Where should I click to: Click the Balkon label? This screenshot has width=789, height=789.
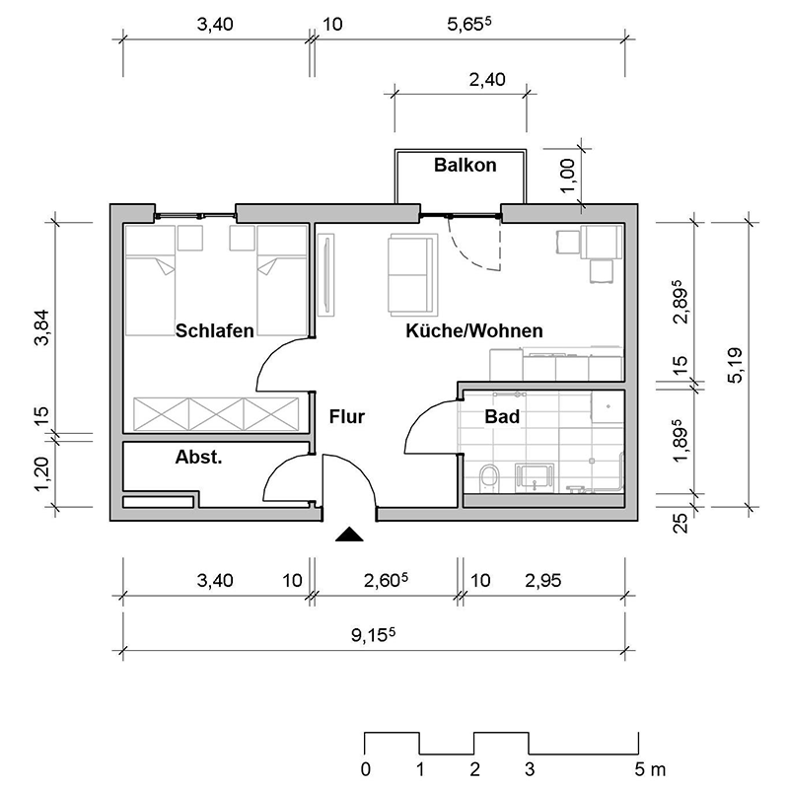click(x=465, y=165)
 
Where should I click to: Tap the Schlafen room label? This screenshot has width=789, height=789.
click(x=214, y=330)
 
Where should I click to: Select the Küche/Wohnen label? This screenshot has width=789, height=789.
click(x=474, y=330)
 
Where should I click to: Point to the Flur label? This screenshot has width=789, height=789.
click(x=347, y=416)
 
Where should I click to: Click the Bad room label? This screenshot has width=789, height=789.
click(x=502, y=416)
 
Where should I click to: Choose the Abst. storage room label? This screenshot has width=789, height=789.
click(x=199, y=457)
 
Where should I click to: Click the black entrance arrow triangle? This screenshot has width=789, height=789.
click(x=349, y=535)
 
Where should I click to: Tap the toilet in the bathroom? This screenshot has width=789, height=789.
click(x=489, y=477)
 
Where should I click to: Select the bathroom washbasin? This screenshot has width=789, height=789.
click(x=535, y=477)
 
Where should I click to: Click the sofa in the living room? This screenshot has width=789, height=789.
click(x=412, y=275)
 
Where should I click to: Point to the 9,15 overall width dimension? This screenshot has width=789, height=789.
click(x=373, y=634)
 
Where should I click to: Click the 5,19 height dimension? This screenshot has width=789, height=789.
click(x=735, y=365)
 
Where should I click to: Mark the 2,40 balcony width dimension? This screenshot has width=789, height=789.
click(x=487, y=80)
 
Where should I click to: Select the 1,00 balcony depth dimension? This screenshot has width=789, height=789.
click(x=567, y=176)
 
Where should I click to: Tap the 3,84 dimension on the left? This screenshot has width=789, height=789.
click(x=41, y=327)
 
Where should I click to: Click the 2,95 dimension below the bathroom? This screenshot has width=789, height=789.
click(x=543, y=581)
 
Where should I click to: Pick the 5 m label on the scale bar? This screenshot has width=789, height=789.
click(x=650, y=769)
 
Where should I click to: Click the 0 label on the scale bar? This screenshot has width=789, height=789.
click(x=366, y=769)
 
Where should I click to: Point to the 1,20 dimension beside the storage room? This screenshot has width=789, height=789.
click(x=41, y=474)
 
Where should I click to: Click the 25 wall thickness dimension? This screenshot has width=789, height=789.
click(x=680, y=524)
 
